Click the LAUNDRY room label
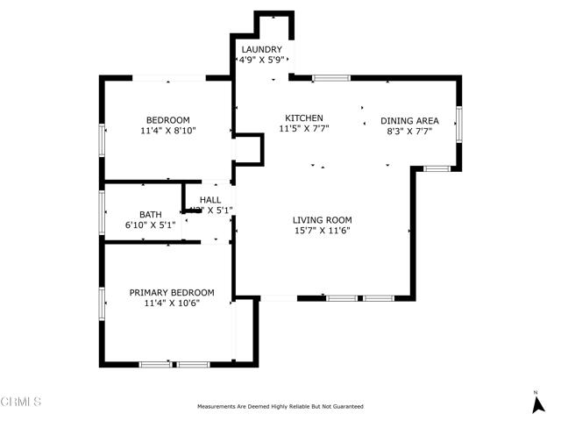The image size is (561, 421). point(261,50)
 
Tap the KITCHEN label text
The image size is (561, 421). point(304,118)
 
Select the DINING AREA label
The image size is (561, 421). point(409,121)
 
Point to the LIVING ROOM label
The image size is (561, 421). point(322,220)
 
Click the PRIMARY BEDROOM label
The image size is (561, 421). point(172,293)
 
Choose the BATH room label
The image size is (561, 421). point(151,214)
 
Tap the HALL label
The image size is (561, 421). point(210,200)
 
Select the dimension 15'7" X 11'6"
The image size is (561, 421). point(322,231)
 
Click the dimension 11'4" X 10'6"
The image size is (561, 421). point(172,303)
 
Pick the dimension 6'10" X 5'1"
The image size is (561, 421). point(151,225)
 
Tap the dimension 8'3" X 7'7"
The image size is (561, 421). point(409,132)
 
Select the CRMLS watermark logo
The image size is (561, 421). point(21,403)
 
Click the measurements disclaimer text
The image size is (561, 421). point(280,407)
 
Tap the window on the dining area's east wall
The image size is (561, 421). point(458,125)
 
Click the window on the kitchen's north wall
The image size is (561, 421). point(331,78)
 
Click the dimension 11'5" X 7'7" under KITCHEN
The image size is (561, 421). point(304,129)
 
